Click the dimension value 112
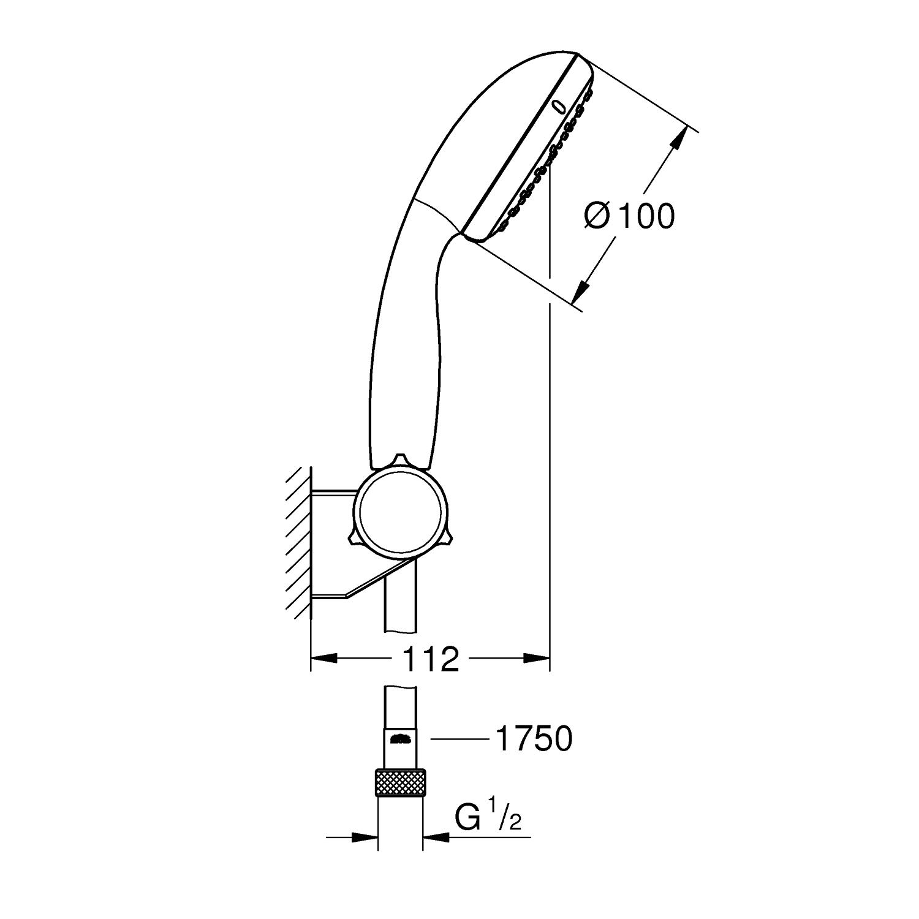point(431,659)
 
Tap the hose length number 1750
point(533,739)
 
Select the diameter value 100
point(645,216)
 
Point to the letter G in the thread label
point(467,819)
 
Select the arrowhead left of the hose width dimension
point(365,836)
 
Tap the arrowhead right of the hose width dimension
point(436,836)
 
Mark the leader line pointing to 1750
point(460,739)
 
